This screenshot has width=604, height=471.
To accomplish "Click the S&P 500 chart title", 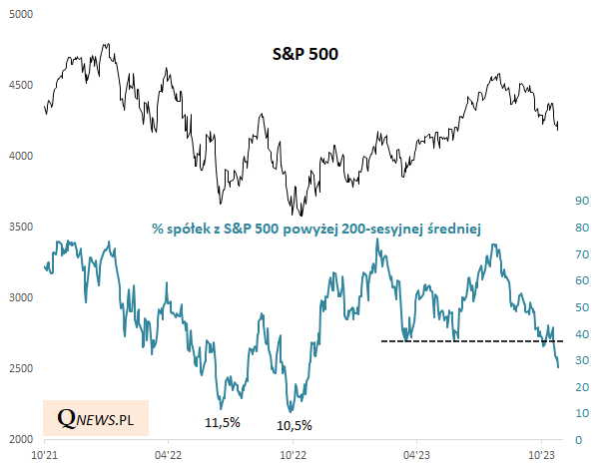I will (x=306, y=54).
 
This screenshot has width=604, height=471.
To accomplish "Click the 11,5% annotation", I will (x=222, y=422).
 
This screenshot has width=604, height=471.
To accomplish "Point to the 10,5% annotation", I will (x=294, y=425).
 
